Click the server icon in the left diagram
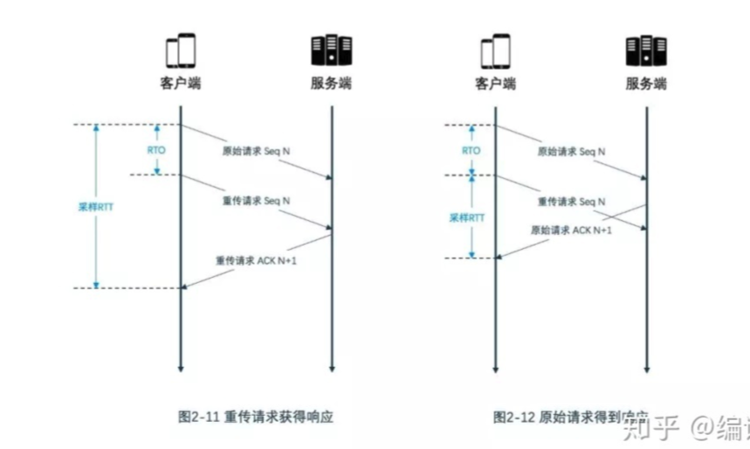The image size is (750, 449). tap(332, 52)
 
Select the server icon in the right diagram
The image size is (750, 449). tap(646, 52)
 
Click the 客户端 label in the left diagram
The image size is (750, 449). tap(179, 85)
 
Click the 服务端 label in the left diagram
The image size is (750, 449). tap(332, 85)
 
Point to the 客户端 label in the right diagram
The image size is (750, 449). tap(495, 85)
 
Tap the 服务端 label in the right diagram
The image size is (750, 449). tap(646, 85)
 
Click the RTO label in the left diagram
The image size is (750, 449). tap(156, 149)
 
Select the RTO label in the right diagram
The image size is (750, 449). tap(471, 150)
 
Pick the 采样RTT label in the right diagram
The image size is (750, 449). tap(465, 218)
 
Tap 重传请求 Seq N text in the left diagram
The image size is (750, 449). tap(258, 200)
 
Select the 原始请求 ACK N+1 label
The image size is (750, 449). tap(571, 231)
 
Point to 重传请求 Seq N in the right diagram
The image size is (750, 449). tap(572, 201)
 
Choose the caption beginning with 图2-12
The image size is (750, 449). tap(560, 418)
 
